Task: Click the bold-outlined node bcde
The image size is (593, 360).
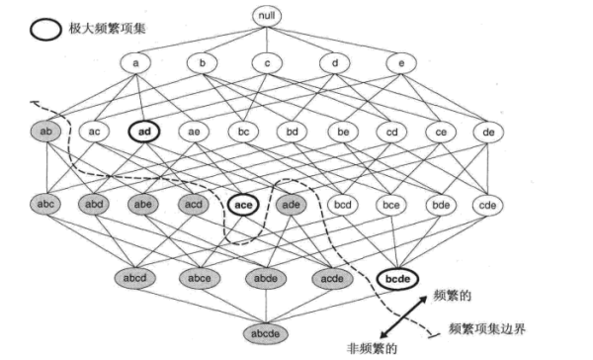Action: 399,279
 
